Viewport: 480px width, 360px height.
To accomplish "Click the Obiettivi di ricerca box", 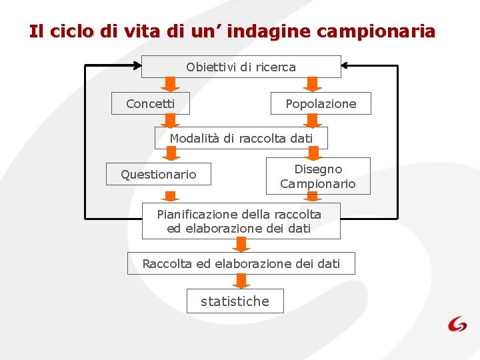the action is click(x=241, y=67).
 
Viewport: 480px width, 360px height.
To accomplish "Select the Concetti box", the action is click(x=150, y=103).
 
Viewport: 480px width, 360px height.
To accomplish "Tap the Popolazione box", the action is click(x=321, y=103).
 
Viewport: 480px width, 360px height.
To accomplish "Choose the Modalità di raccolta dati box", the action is click(x=241, y=138).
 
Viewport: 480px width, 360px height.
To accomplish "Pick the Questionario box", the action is click(x=158, y=174).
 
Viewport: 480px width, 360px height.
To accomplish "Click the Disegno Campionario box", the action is click(x=318, y=176).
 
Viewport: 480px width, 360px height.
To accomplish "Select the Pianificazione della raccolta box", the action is click(x=241, y=221).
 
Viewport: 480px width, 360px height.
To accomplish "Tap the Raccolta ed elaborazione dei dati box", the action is click(x=241, y=263).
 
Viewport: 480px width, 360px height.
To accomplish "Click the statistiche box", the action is click(x=235, y=301).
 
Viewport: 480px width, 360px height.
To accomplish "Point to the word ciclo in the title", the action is click(x=69, y=31).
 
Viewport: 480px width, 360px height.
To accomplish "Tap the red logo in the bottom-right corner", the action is click(x=457, y=324).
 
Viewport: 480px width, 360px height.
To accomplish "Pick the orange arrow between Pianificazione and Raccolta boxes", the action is click(x=241, y=245).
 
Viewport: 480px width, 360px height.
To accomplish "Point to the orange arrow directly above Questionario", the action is click(x=171, y=155).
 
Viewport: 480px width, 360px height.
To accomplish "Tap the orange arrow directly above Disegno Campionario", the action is click(x=311, y=155).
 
